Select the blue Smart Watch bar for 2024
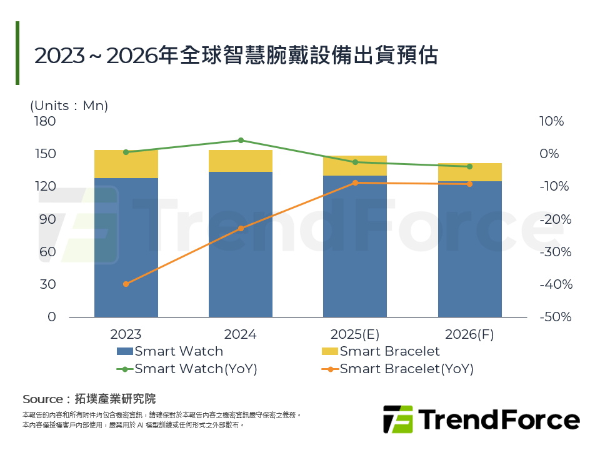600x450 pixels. click(x=241, y=244)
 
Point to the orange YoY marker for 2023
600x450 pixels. click(x=126, y=284)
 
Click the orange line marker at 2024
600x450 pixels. click(x=241, y=229)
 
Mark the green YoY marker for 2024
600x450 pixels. click(x=241, y=140)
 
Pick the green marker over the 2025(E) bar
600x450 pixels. click(x=355, y=162)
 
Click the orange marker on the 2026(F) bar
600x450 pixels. click(x=469, y=184)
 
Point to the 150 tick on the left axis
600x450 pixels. click(x=45, y=154)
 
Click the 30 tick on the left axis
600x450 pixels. click(x=47, y=284)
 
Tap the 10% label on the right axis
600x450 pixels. click(x=552, y=121)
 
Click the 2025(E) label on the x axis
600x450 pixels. click(x=355, y=334)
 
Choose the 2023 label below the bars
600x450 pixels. click(x=126, y=334)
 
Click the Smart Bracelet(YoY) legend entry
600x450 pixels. click(x=406, y=369)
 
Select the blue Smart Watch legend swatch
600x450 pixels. click(x=124, y=351)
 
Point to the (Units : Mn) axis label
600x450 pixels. click(x=69, y=106)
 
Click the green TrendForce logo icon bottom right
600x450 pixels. click(x=397, y=419)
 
